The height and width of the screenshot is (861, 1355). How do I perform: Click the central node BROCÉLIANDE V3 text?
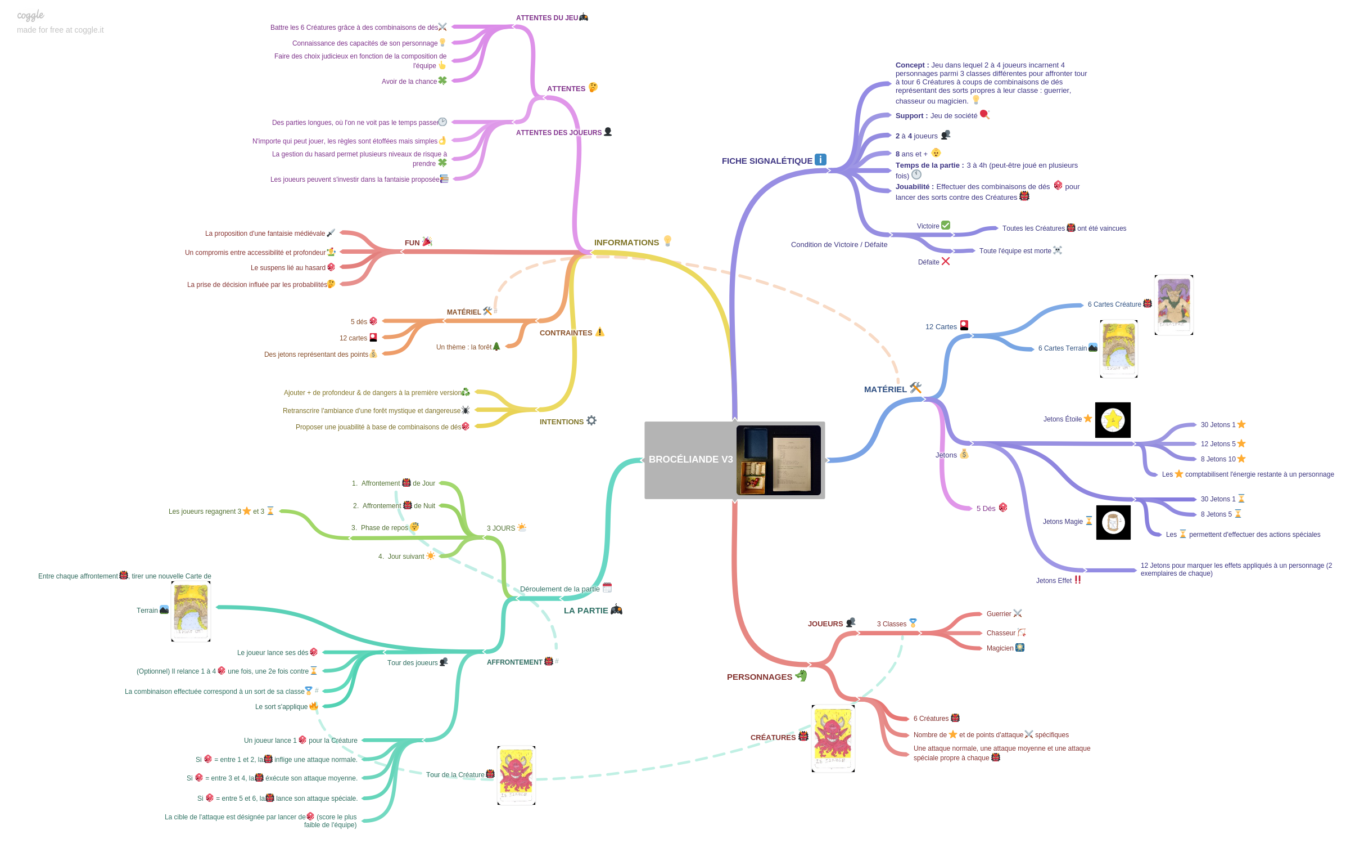[690, 460]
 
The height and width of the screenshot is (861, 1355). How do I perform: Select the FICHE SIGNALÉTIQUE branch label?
[766, 161]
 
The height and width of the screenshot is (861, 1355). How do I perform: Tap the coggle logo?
[30, 15]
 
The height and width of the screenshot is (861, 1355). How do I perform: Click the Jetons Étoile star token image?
[1113, 420]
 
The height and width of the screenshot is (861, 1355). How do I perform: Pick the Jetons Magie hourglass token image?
[1113, 523]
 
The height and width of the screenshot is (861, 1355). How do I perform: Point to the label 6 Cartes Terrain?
[1062, 348]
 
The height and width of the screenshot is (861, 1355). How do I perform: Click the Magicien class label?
[999, 649]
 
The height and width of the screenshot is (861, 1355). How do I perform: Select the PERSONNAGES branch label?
[759, 678]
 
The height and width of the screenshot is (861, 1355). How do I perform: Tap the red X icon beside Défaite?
[945, 261]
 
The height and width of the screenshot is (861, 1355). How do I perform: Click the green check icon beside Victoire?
[946, 225]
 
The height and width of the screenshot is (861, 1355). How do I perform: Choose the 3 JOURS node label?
[500, 529]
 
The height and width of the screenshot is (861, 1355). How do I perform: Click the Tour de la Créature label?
[455, 775]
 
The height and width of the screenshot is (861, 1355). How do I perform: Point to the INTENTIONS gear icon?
[591, 420]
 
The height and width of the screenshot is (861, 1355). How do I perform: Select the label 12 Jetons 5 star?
[1218, 445]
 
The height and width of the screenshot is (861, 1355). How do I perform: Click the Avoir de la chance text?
[409, 82]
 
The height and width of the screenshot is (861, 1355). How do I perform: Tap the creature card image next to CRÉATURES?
[833, 738]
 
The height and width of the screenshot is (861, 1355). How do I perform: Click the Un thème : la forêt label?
[463, 347]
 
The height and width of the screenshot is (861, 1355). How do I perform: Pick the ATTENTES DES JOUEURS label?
[558, 133]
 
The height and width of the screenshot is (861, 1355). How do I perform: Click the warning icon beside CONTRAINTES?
[600, 332]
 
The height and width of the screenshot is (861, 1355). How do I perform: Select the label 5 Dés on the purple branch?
[985, 509]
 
